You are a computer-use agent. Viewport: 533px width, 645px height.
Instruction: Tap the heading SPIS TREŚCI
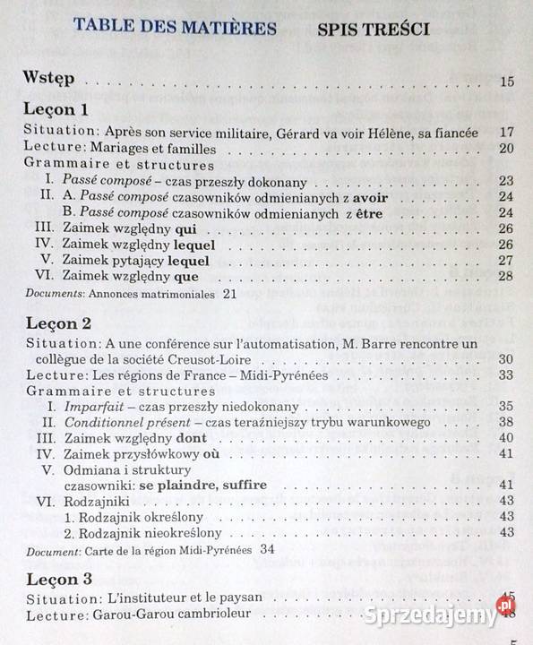tap(373, 29)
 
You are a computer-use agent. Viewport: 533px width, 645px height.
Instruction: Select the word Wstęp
tap(49, 80)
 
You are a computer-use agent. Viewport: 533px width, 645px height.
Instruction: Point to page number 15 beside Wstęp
tap(506, 82)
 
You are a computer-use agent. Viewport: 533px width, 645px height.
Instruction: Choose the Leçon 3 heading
tap(56, 578)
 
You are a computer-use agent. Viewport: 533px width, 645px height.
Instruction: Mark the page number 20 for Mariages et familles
tap(506, 149)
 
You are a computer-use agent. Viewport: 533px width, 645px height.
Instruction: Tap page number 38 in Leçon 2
tap(506, 422)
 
